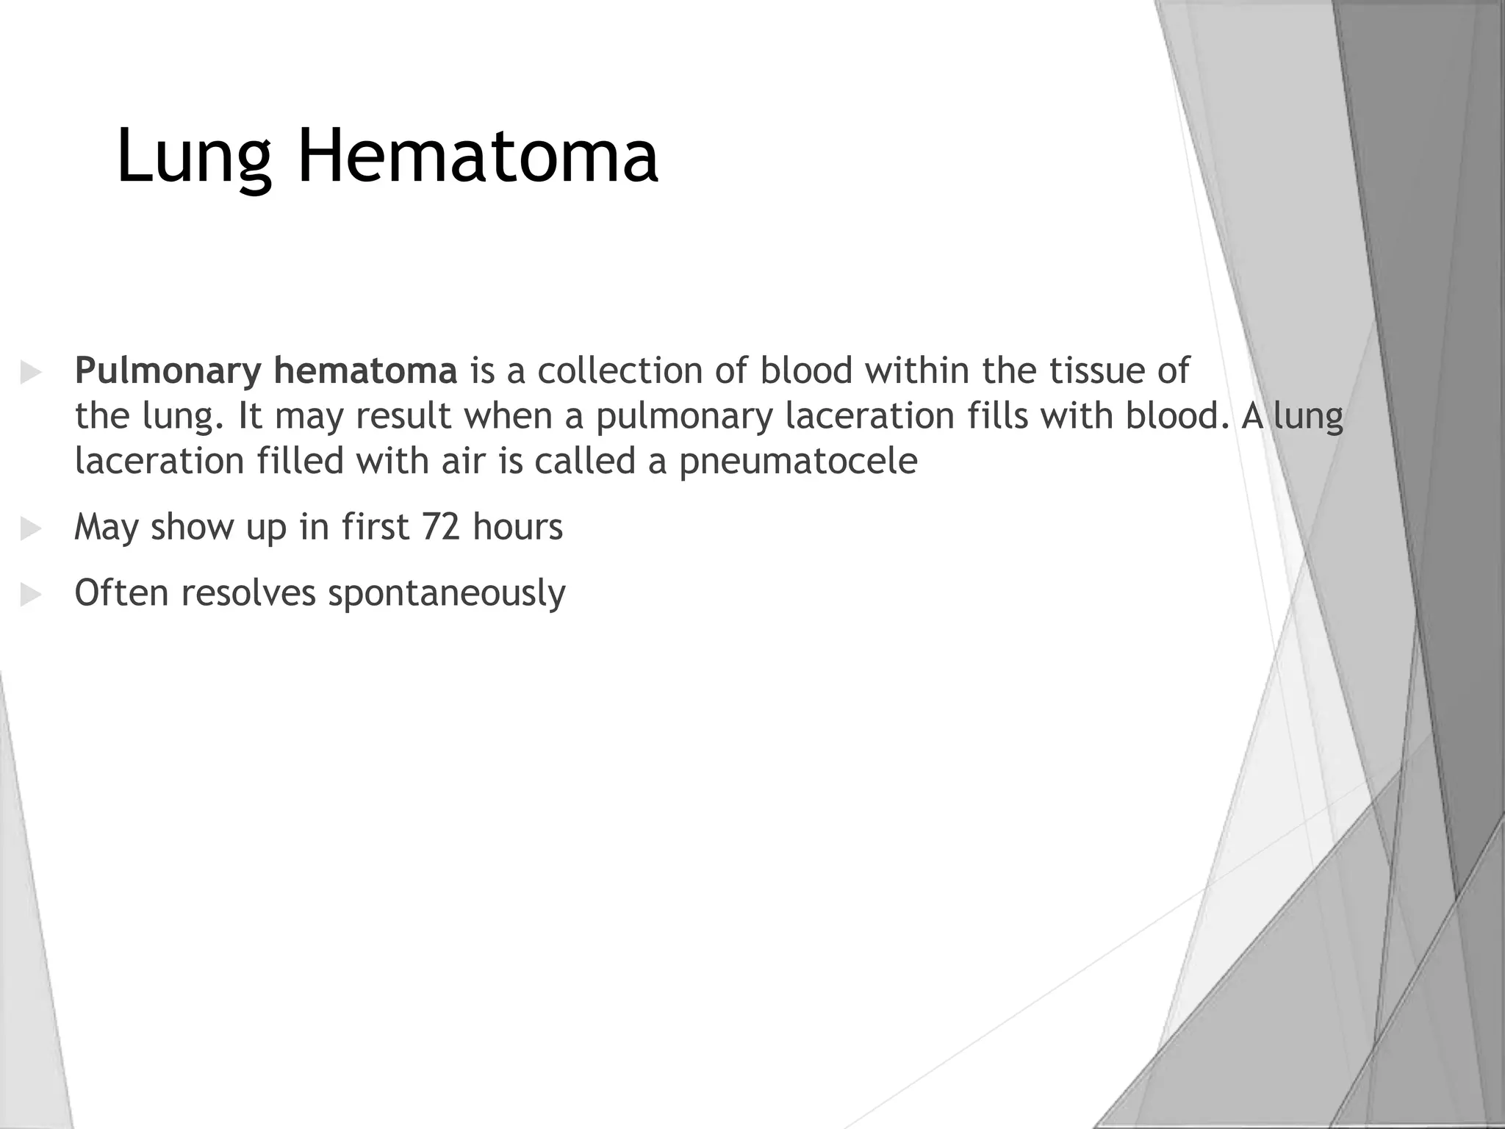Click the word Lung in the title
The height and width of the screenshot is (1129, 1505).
[x=193, y=157]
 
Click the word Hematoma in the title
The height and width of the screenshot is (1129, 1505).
[x=478, y=155]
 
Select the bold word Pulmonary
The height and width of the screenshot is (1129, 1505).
[x=168, y=371]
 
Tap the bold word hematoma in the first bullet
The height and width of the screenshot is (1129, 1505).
[x=365, y=370]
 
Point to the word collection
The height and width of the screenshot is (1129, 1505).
[x=620, y=370]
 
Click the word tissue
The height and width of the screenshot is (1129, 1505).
[x=1097, y=370]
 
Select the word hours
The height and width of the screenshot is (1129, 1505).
[x=517, y=527]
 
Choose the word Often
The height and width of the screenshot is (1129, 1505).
[x=121, y=592]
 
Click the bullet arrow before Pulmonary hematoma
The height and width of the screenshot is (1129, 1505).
[x=31, y=372]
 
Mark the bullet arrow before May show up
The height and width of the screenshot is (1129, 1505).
[x=31, y=528]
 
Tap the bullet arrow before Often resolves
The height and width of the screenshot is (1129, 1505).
[x=31, y=594]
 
